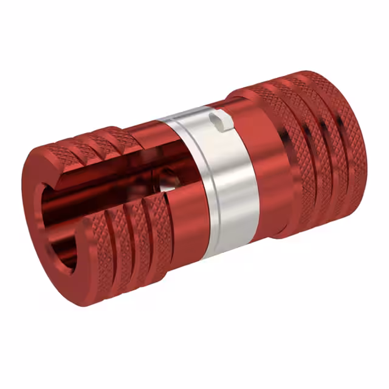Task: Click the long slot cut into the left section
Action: pos(115,182)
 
